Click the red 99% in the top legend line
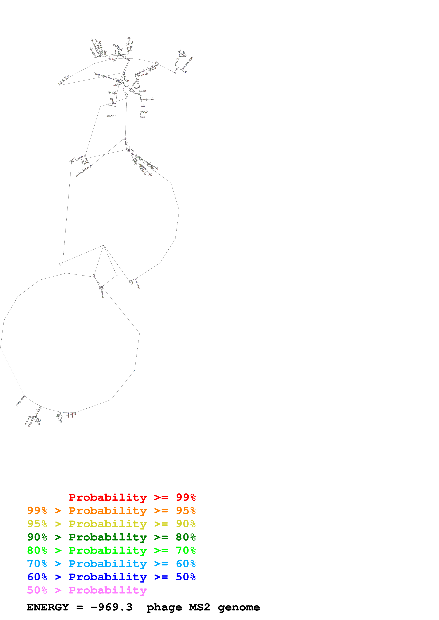coord(186,497)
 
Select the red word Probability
coord(108,497)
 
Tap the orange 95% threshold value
coord(186,511)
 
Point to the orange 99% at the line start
coord(37,511)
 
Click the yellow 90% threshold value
coord(186,524)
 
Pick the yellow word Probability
coord(108,524)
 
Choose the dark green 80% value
coord(186,537)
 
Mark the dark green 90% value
coord(37,537)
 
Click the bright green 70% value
coord(186,550)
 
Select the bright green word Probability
coord(108,550)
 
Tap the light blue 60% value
coord(186,564)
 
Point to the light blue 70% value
coord(37,564)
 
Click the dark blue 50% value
coord(186,577)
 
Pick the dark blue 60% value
coord(37,577)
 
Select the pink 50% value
coord(37,590)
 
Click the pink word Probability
coord(108,590)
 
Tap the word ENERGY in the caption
coord(48,607)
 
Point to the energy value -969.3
coord(111,607)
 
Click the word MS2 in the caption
coord(199,607)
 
